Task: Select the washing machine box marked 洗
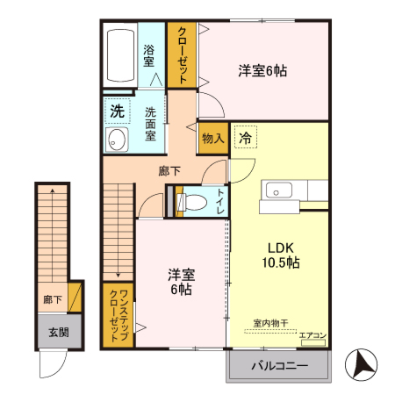point(117,111)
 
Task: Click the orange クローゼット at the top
point(181,54)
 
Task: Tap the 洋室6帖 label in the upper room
point(262,71)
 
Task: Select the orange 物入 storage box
point(212,138)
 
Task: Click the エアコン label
point(312,334)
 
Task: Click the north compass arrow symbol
point(361,363)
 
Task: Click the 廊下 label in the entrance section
point(53,299)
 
